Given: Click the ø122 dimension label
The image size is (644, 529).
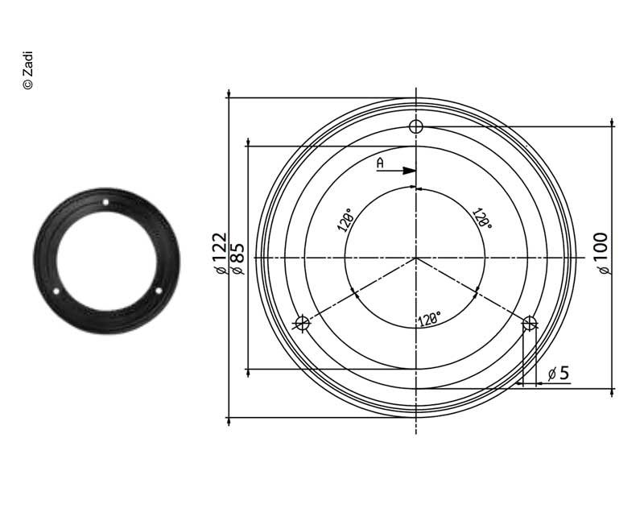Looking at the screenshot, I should coord(218,254).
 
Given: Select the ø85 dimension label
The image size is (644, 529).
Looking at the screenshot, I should coord(237,258).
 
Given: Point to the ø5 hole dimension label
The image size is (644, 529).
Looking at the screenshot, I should coord(558,373).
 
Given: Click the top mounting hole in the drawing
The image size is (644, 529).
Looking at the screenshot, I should coord(415,126).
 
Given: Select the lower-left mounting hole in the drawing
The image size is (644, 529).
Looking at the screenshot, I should coord(303,323).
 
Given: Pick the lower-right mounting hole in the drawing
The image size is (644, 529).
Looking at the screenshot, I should coord(529,323).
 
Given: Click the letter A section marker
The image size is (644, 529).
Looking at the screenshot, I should coord(381,163).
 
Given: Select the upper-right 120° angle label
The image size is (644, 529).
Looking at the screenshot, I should coord(482,220).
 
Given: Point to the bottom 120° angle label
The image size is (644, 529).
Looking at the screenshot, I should coord(428,320).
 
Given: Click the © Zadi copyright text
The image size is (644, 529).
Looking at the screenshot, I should coord(27,71).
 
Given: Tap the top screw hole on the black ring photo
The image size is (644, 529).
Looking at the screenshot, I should coord(105,202).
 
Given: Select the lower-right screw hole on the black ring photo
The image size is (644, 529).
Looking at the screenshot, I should coord(158,291).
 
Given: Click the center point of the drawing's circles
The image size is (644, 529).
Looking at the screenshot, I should coord(415,258).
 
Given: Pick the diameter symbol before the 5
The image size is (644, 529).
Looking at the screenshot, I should coord(551,374).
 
